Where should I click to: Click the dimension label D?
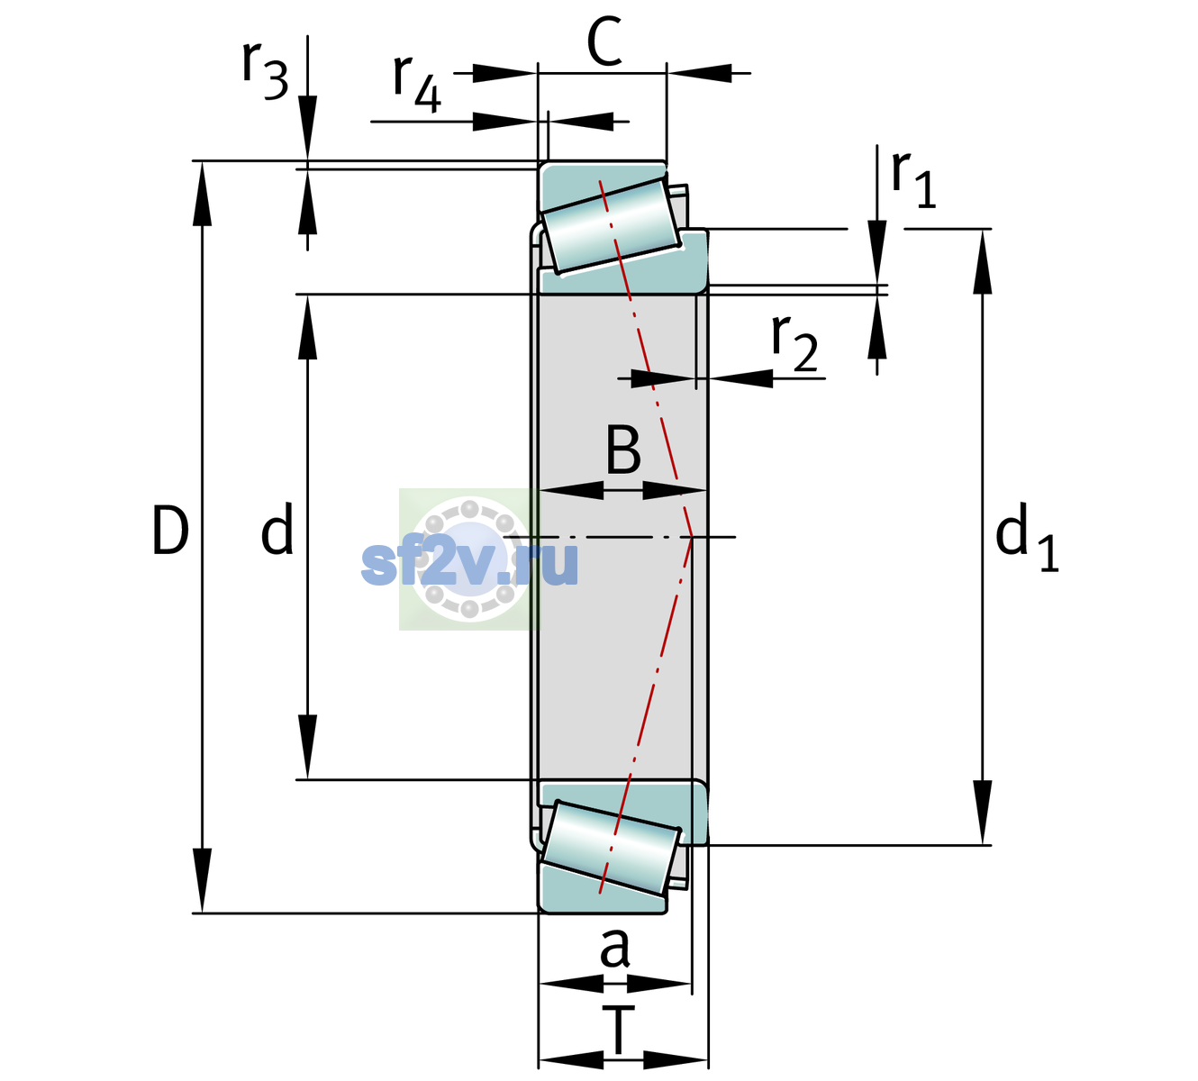point(171,531)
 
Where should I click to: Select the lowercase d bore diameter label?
point(277,528)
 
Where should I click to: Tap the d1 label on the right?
point(1027,537)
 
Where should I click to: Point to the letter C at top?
point(604,41)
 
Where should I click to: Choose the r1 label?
point(913,179)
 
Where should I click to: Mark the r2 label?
point(794,343)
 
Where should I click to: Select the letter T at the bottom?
point(618,1031)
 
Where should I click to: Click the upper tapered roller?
point(611,226)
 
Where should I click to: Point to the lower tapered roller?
point(611,848)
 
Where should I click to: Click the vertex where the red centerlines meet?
point(692,537)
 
